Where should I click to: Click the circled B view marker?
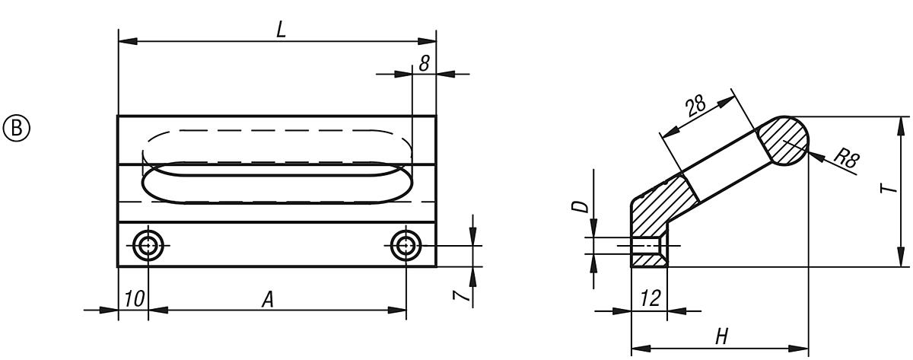click(x=17, y=126)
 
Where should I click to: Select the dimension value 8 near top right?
click(x=424, y=63)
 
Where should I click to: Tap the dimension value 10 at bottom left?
click(x=132, y=300)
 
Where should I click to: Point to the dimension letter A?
click(x=268, y=300)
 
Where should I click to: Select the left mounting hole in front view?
click(x=147, y=245)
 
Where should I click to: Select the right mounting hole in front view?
click(x=406, y=245)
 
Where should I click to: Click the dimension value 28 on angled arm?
click(x=695, y=106)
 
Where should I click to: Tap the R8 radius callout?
click(x=845, y=160)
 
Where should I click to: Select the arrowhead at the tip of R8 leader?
click(x=810, y=155)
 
